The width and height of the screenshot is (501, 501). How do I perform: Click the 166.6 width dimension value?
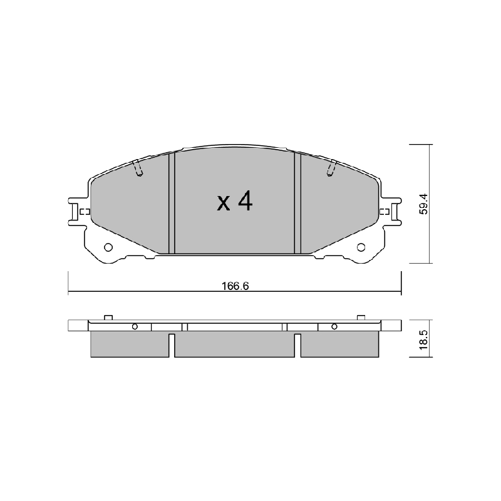pos(235,286)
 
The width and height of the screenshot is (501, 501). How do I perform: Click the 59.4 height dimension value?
pos(424,205)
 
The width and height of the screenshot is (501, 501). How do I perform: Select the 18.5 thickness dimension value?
pos(424,339)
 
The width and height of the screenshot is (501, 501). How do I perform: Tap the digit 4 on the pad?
pos(245,201)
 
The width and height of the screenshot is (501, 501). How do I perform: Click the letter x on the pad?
pos(224,204)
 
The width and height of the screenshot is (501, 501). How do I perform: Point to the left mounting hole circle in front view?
pos(108,247)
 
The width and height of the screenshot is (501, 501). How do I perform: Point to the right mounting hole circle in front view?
pos(361,247)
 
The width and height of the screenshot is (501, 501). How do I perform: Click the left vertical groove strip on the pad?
pos(172,203)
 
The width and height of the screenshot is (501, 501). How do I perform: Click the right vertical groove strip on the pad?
pos(297,203)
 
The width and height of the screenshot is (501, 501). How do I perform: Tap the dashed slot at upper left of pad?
pos(138,168)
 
